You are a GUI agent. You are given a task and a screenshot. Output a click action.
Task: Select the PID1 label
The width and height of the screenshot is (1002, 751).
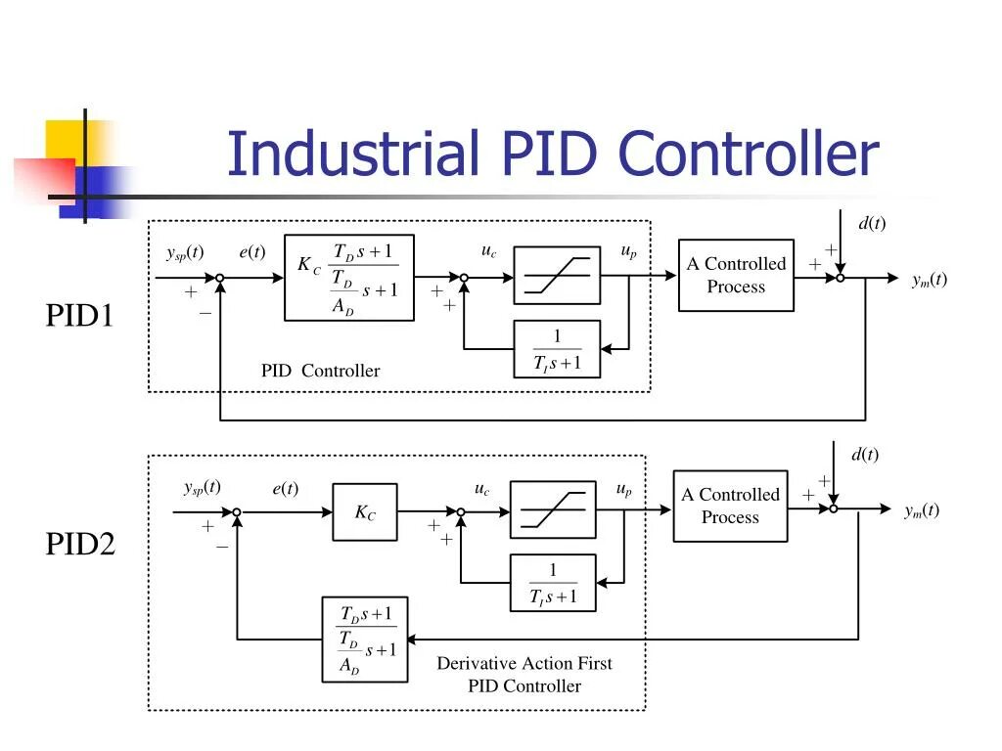(x=79, y=316)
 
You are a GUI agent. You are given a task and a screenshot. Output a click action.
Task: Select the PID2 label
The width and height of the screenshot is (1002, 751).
(x=80, y=544)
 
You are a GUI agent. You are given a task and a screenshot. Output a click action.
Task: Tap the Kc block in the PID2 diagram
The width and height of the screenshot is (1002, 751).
(x=365, y=512)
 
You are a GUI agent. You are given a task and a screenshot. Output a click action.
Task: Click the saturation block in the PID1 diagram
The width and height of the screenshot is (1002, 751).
(x=557, y=275)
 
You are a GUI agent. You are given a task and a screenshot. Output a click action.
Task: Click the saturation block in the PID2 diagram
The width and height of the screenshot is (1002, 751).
(x=553, y=509)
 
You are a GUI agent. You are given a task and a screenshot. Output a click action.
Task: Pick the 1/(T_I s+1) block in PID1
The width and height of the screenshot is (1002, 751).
(x=557, y=349)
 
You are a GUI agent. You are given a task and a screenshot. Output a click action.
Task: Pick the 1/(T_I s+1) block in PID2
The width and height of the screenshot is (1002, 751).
(x=553, y=583)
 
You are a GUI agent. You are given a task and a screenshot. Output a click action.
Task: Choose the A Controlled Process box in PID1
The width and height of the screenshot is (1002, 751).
(x=736, y=275)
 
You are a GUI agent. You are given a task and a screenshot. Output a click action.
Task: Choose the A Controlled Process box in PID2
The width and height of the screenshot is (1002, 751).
(x=730, y=507)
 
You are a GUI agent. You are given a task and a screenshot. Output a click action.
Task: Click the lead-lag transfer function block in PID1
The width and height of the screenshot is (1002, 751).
(x=349, y=278)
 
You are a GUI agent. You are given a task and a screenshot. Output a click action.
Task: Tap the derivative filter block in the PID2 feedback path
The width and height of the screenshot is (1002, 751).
(x=365, y=640)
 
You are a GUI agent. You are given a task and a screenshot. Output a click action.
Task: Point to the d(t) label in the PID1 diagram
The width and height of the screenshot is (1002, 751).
(x=872, y=223)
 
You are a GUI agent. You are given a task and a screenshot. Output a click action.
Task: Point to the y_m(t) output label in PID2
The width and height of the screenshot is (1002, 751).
(x=922, y=510)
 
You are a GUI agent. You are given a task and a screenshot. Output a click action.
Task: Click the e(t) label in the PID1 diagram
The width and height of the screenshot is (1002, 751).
(x=251, y=251)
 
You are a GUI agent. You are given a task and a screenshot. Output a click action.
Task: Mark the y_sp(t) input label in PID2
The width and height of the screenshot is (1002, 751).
(x=202, y=488)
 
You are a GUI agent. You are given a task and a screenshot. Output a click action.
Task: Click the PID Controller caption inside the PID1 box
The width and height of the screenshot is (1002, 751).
(x=320, y=371)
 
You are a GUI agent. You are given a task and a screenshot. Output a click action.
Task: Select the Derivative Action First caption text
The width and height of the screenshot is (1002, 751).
(x=524, y=664)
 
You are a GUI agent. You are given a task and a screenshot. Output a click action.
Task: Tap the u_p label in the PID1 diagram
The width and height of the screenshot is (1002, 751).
(x=629, y=251)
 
